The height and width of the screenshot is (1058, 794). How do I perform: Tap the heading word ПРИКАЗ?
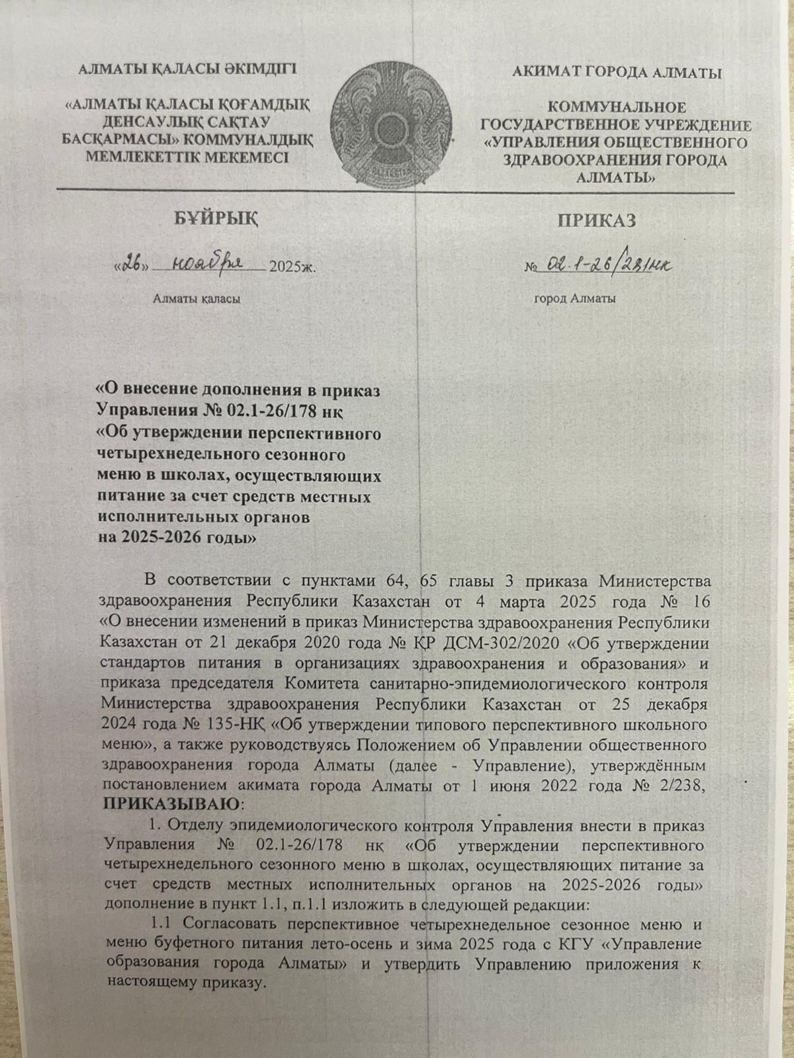[x=595, y=220]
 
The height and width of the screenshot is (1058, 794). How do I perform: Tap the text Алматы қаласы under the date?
[x=197, y=299]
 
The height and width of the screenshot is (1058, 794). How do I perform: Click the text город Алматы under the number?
[x=574, y=299]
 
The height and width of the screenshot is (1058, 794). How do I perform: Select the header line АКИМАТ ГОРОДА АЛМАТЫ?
[x=617, y=73]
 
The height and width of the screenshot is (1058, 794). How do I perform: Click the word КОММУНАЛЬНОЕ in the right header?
[x=617, y=107]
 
